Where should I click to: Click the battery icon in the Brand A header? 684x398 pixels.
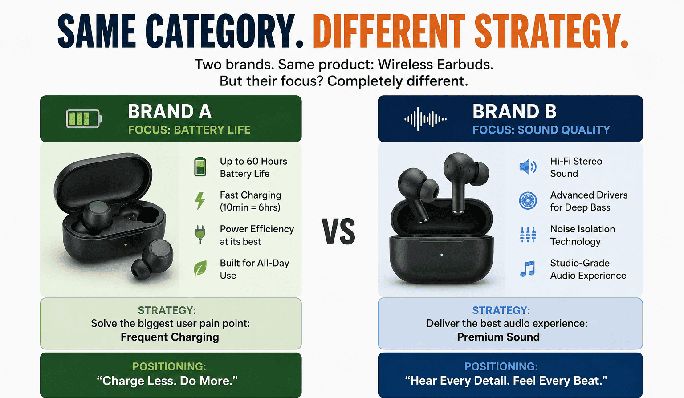[x=84, y=118]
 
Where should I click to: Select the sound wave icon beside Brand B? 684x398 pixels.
[x=425, y=119]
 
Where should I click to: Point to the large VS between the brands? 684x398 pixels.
[x=339, y=231]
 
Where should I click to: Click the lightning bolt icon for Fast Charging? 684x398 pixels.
[x=200, y=201]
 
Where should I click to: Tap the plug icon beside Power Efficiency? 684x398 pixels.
[x=200, y=235]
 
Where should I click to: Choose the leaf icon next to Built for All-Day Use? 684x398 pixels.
[x=200, y=268]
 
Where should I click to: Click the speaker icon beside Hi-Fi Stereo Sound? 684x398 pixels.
[x=528, y=167]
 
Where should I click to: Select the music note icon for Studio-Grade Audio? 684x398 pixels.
[x=528, y=268]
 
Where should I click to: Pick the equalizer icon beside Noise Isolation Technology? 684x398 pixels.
[x=528, y=235]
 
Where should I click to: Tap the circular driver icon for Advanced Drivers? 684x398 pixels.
[x=528, y=201]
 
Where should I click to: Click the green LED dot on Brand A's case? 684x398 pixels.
[x=126, y=245]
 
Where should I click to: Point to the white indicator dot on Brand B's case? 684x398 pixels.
[x=442, y=255]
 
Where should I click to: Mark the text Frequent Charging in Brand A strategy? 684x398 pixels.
[x=170, y=337]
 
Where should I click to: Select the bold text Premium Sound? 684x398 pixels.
[x=498, y=337]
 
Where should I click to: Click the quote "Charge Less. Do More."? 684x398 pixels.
[x=167, y=381]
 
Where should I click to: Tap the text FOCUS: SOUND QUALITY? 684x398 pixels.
[x=541, y=130]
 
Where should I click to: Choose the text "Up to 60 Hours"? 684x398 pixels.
[x=253, y=161]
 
